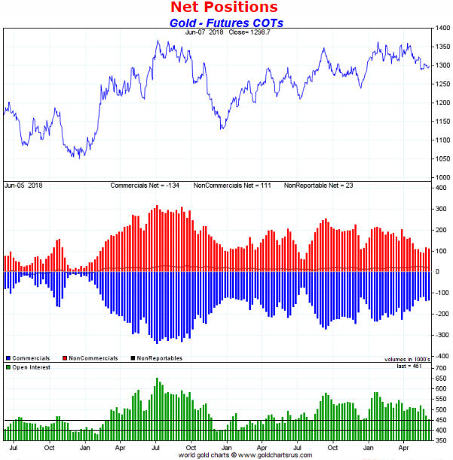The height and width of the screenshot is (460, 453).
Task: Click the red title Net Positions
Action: tap(224, 8)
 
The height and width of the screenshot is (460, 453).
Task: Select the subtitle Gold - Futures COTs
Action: tap(225, 23)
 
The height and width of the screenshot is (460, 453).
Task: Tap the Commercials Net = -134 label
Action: tap(147, 186)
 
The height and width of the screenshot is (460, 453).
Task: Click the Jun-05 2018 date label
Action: tap(23, 186)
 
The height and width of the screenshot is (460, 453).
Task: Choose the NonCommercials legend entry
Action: tap(93, 358)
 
